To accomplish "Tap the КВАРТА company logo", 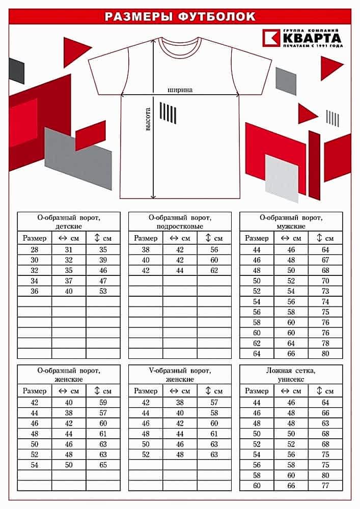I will coord(302,38).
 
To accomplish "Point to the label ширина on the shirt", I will coord(180,90).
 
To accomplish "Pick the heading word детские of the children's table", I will coord(69,226).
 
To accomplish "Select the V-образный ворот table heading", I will coord(180,370).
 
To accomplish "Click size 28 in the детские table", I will coord(35,249).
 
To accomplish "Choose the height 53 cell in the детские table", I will coord(103,291).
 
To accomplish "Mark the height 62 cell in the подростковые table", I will coord(214,270).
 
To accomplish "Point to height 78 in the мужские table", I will coord(325,343).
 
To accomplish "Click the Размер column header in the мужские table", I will coord(257,238).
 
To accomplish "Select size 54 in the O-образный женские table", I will coord(35,465).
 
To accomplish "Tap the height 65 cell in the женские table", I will coord(103,465).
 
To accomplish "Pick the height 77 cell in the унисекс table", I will coord(325,486).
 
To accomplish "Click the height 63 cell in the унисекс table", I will coord(325,423).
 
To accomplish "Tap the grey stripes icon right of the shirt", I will coord(333,118).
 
